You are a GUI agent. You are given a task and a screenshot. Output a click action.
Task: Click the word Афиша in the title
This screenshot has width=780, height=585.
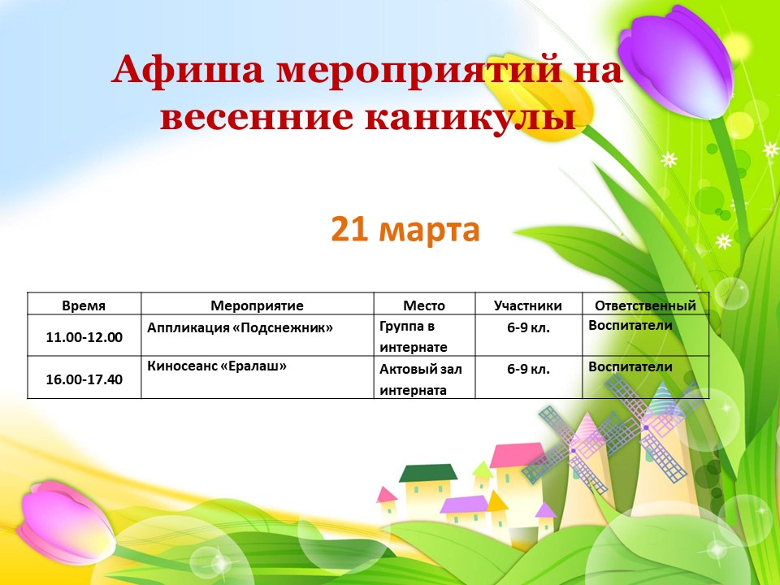[x=188, y=70]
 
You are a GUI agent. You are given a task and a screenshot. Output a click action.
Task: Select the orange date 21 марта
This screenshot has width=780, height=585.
[x=405, y=229]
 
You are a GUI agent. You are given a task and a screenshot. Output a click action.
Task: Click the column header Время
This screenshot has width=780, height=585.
[x=84, y=305]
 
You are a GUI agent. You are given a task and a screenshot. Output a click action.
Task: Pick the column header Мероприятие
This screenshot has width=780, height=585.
[x=258, y=305]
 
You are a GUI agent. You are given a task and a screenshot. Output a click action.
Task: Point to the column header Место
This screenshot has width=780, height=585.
[x=424, y=305]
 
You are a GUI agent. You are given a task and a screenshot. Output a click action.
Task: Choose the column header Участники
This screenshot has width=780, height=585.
[x=528, y=305]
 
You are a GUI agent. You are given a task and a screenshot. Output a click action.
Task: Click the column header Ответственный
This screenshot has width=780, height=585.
[x=645, y=305]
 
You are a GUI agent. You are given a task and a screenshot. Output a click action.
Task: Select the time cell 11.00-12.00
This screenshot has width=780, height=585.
[x=84, y=337]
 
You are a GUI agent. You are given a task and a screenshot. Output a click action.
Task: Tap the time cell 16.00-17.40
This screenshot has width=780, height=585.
[x=84, y=379]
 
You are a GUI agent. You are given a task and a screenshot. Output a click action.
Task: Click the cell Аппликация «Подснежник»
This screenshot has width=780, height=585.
[x=240, y=327]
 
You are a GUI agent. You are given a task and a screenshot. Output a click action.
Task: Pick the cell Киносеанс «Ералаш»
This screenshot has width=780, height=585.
[x=217, y=366]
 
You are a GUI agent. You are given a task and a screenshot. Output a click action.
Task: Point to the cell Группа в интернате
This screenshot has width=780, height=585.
[x=414, y=336]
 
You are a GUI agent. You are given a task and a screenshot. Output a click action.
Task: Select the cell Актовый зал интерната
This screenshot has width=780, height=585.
[x=420, y=379]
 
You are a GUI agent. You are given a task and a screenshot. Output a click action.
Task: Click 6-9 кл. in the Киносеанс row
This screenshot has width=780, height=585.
[x=528, y=369]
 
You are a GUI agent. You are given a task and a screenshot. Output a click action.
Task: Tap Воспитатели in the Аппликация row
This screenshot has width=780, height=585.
[x=630, y=325]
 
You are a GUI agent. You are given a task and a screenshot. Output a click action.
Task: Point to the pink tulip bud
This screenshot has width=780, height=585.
[x=65, y=522]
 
